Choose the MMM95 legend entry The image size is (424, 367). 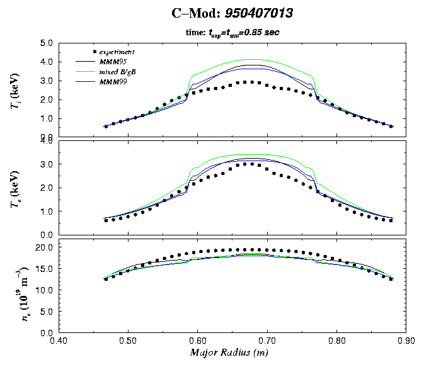113,62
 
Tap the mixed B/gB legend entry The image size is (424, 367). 118,72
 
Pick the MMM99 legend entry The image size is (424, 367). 113,82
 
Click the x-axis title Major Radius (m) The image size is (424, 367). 231,353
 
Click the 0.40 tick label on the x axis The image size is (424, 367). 59,341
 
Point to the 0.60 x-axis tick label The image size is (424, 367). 198,341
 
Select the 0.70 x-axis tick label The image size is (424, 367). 267,341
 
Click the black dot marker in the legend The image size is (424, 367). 94,51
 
